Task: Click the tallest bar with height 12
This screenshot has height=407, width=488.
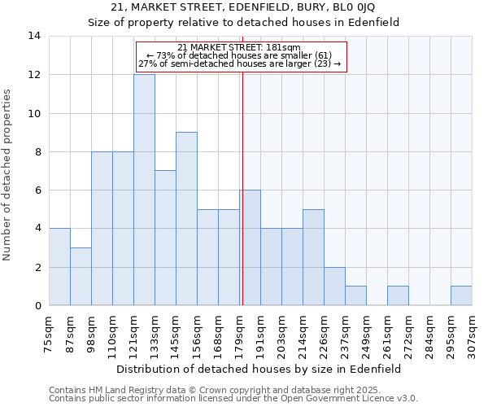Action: (x=144, y=190)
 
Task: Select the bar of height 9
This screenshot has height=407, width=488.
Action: (x=186, y=219)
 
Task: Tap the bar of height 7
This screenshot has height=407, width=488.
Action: (x=165, y=238)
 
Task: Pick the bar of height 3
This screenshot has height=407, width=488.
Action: (x=81, y=277)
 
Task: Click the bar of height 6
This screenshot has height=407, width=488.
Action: (x=250, y=247)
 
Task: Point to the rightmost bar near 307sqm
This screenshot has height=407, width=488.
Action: (x=461, y=295)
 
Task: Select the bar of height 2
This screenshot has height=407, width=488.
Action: (x=334, y=286)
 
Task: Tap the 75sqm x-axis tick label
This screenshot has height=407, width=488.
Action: (x=50, y=334)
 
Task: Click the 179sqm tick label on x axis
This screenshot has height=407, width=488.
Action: (x=240, y=334)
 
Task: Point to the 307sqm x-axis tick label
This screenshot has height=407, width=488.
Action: (x=473, y=334)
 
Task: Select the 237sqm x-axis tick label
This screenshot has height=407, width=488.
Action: (x=346, y=334)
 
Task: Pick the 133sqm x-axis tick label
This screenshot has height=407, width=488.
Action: (x=155, y=334)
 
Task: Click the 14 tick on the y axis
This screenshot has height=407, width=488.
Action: (x=34, y=36)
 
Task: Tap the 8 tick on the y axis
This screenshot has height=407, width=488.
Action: (x=37, y=151)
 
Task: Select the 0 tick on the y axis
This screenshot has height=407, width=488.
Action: (x=37, y=305)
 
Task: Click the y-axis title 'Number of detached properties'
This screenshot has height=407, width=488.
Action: (x=8, y=174)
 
